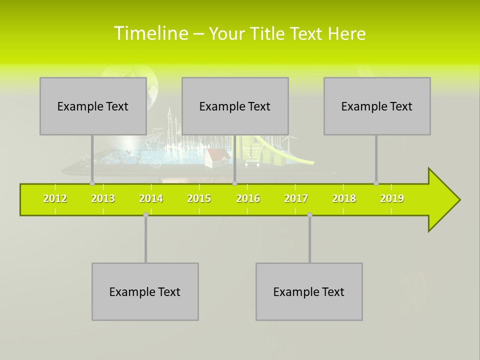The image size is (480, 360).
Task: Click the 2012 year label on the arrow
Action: pyautogui.click(x=55, y=198)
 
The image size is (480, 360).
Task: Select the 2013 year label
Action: pyautogui.click(x=103, y=198)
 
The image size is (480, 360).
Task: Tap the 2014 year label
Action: pyautogui.click(x=151, y=198)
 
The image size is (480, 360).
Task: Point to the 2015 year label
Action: pyautogui.click(x=199, y=198)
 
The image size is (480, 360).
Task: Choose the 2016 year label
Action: pyautogui.click(x=248, y=198)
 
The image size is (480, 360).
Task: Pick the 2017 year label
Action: pyautogui.click(x=296, y=198)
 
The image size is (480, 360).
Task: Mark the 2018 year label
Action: pyautogui.click(x=344, y=198)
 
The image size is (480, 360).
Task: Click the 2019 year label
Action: pyautogui.click(x=392, y=198)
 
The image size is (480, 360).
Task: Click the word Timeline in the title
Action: pyautogui.click(x=150, y=33)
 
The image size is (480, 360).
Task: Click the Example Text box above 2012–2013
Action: pyautogui.click(x=93, y=106)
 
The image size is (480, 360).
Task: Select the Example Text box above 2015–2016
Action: pyautogui.click(x=235, y=106)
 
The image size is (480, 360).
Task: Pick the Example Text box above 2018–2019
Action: pyautogui.click(x=377, y=106)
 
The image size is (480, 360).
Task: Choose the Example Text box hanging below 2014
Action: pyautogui.click(x=145, y=291)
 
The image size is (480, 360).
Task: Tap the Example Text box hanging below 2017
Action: pyautogui.click(x=309, y=291)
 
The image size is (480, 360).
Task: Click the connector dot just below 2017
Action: pyautogui.click(x=309, y=214)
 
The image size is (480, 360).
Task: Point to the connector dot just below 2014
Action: pyautogui.click(x=145, y=214)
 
